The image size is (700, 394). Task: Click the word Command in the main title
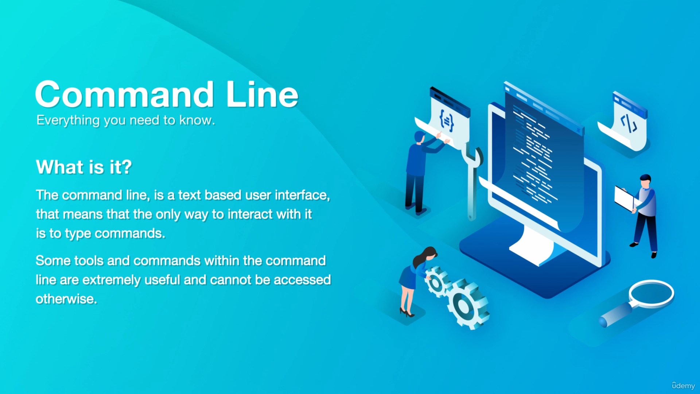[x=124, y=94]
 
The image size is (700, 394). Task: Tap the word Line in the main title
[x=262, y=94]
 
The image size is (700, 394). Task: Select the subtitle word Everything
[x=68, y=120]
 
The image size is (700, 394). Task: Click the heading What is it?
[x=84, y=167]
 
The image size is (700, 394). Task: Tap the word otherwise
[x=66, y=299]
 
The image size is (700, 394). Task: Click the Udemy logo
[x=683, y=386]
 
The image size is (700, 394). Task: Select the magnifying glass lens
[x=652, y=293]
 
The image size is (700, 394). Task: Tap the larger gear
[x=468, y=304]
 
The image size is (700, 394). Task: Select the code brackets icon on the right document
[x=629, y=123]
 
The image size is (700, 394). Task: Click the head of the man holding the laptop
[x=645, y=181]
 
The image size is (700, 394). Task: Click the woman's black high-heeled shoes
[x=407, y=312]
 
